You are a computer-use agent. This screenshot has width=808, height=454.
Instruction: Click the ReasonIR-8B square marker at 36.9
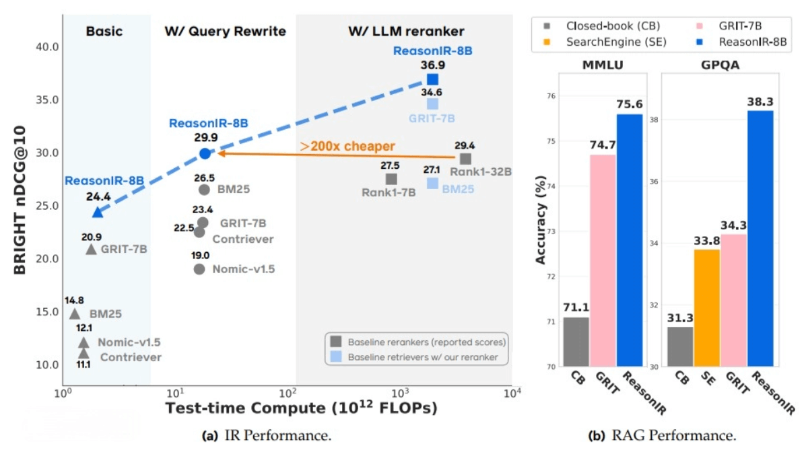[432, 79]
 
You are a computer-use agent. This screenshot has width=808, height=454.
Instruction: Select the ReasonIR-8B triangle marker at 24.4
[98, 212]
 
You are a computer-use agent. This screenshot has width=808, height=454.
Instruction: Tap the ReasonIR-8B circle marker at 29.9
[205, 153]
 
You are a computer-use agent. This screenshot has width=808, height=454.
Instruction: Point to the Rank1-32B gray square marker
[465, 159]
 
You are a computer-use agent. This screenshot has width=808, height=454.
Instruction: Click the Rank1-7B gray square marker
[391, 179]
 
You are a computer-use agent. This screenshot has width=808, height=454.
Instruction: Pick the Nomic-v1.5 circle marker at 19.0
[199, 269]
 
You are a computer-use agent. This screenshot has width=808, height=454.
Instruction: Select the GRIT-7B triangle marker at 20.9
[91, 249]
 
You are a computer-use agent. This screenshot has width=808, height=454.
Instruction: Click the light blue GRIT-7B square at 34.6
[432, 104]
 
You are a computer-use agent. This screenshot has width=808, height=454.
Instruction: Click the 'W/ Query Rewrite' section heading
[226, 32]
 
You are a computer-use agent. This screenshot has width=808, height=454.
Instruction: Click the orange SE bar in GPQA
[706, 307]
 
